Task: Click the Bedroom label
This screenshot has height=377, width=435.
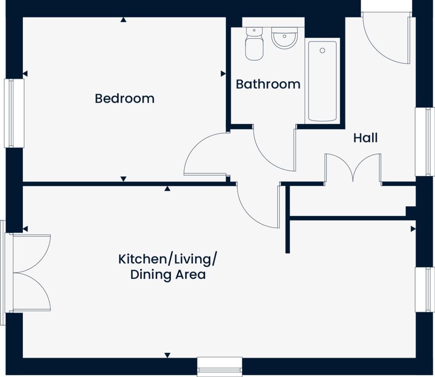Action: [124, 98]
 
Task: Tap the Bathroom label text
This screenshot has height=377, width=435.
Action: [268, 84]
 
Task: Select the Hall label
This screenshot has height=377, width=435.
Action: [365, 138]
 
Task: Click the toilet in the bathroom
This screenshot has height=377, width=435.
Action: [254, 44]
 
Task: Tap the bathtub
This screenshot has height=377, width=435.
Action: [322, 82]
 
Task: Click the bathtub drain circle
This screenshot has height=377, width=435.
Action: [322, 51]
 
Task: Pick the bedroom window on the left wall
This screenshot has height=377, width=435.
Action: [14, 113]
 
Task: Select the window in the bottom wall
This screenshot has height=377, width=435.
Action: [220, 366]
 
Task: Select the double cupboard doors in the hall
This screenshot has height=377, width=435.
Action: [353, 168]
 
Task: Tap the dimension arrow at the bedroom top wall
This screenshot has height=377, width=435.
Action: [123, 20]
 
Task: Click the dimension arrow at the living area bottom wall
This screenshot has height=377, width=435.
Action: [167, 355]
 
